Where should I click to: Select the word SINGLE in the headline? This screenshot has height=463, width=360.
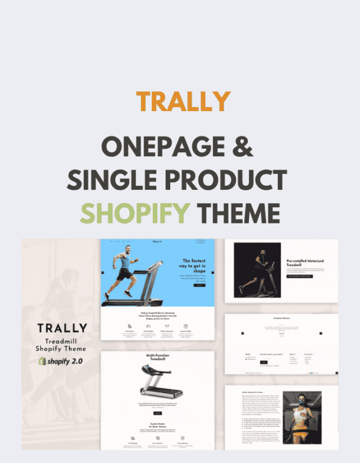pyautogui.click(x=108, y=181)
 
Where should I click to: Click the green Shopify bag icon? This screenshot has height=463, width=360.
pyautogui.click(x=42, y=361)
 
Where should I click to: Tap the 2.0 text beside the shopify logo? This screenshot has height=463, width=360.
pyautogui.click(x=83, y=361)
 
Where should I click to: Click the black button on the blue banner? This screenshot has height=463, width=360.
pyautogui.click(x=199, y=285)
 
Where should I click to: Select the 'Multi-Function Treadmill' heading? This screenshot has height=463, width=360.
pyautogui.click(x=157, y=361)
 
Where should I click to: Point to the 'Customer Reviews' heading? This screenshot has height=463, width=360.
pyautogui.click(x=281, y=318)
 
